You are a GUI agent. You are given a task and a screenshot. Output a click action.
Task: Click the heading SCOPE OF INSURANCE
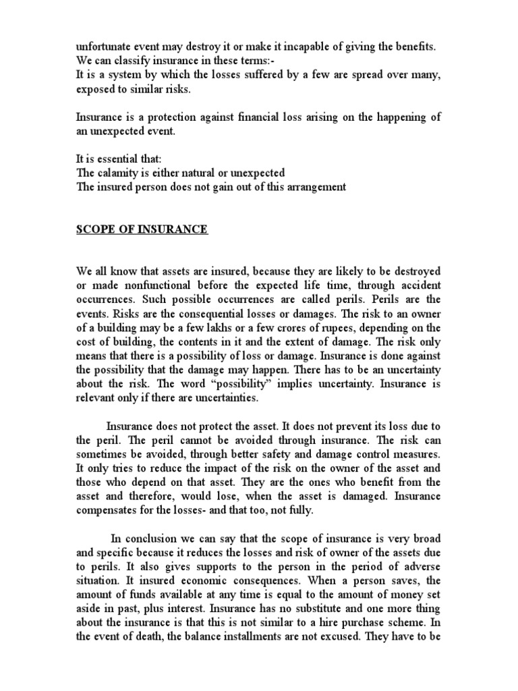pos(142,230)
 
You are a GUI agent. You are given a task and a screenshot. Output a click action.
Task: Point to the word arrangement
pos(317,187)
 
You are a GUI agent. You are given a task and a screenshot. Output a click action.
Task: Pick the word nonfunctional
pos(149,285)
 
